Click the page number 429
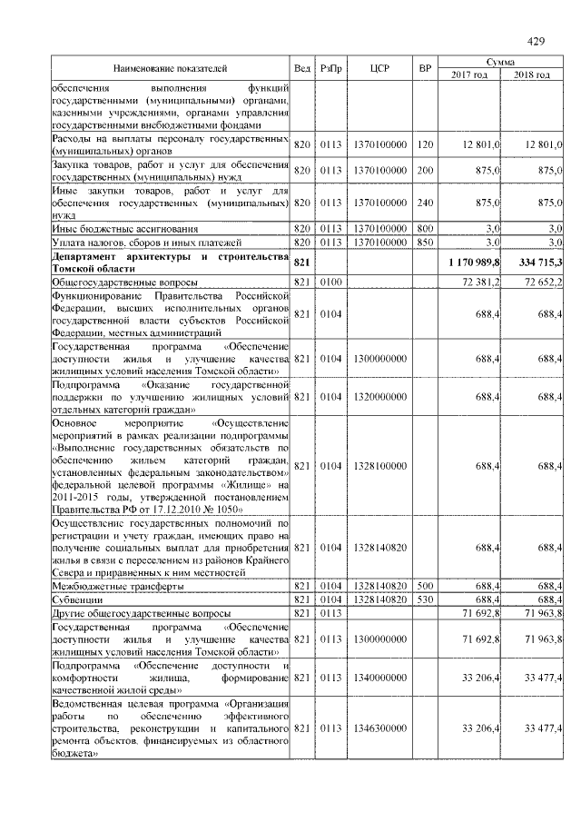535,41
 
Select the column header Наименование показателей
170,69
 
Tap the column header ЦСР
380,69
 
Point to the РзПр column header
330,69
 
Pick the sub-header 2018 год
532,75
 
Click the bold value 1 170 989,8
471,262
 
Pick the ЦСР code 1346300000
380,728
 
